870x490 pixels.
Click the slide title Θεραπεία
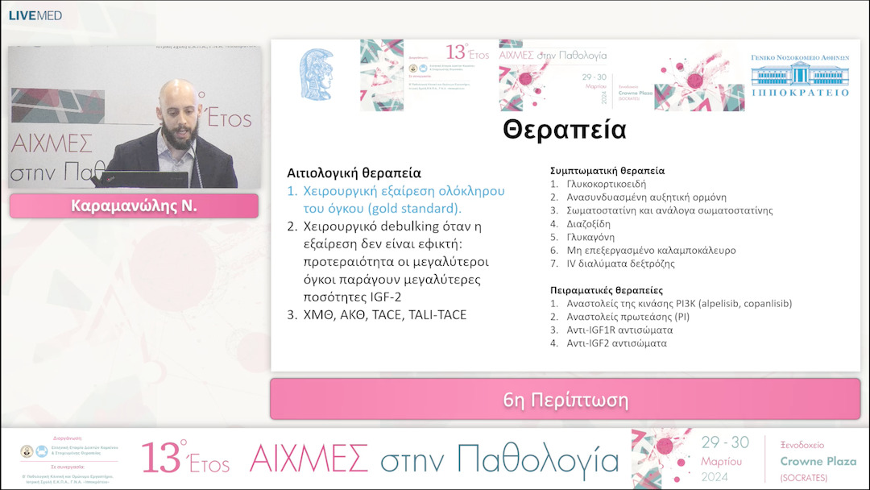click(564, 130)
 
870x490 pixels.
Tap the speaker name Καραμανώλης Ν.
click(134, 206)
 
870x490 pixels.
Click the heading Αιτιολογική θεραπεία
click(354, 173)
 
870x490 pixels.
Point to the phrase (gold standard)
click(416, 209)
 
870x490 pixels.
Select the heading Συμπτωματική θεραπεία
click(607, 171)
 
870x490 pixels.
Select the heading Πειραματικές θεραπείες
click(606, 290)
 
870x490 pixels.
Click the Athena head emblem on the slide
click(317, 74)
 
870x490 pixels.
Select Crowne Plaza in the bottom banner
click(818, 461)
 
